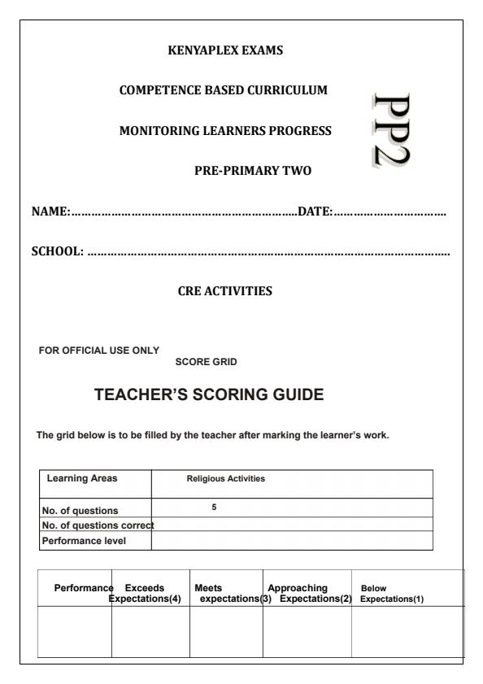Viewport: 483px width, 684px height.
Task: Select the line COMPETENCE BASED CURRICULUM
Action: (x=224, y=90)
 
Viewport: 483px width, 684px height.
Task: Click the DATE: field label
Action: (x=315, y=211)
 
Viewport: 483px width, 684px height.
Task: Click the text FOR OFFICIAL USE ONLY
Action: (x=99, y=350)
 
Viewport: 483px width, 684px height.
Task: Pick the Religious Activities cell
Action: (x=226, y=479)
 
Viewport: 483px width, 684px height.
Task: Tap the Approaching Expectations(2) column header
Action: (x=307, y=593)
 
